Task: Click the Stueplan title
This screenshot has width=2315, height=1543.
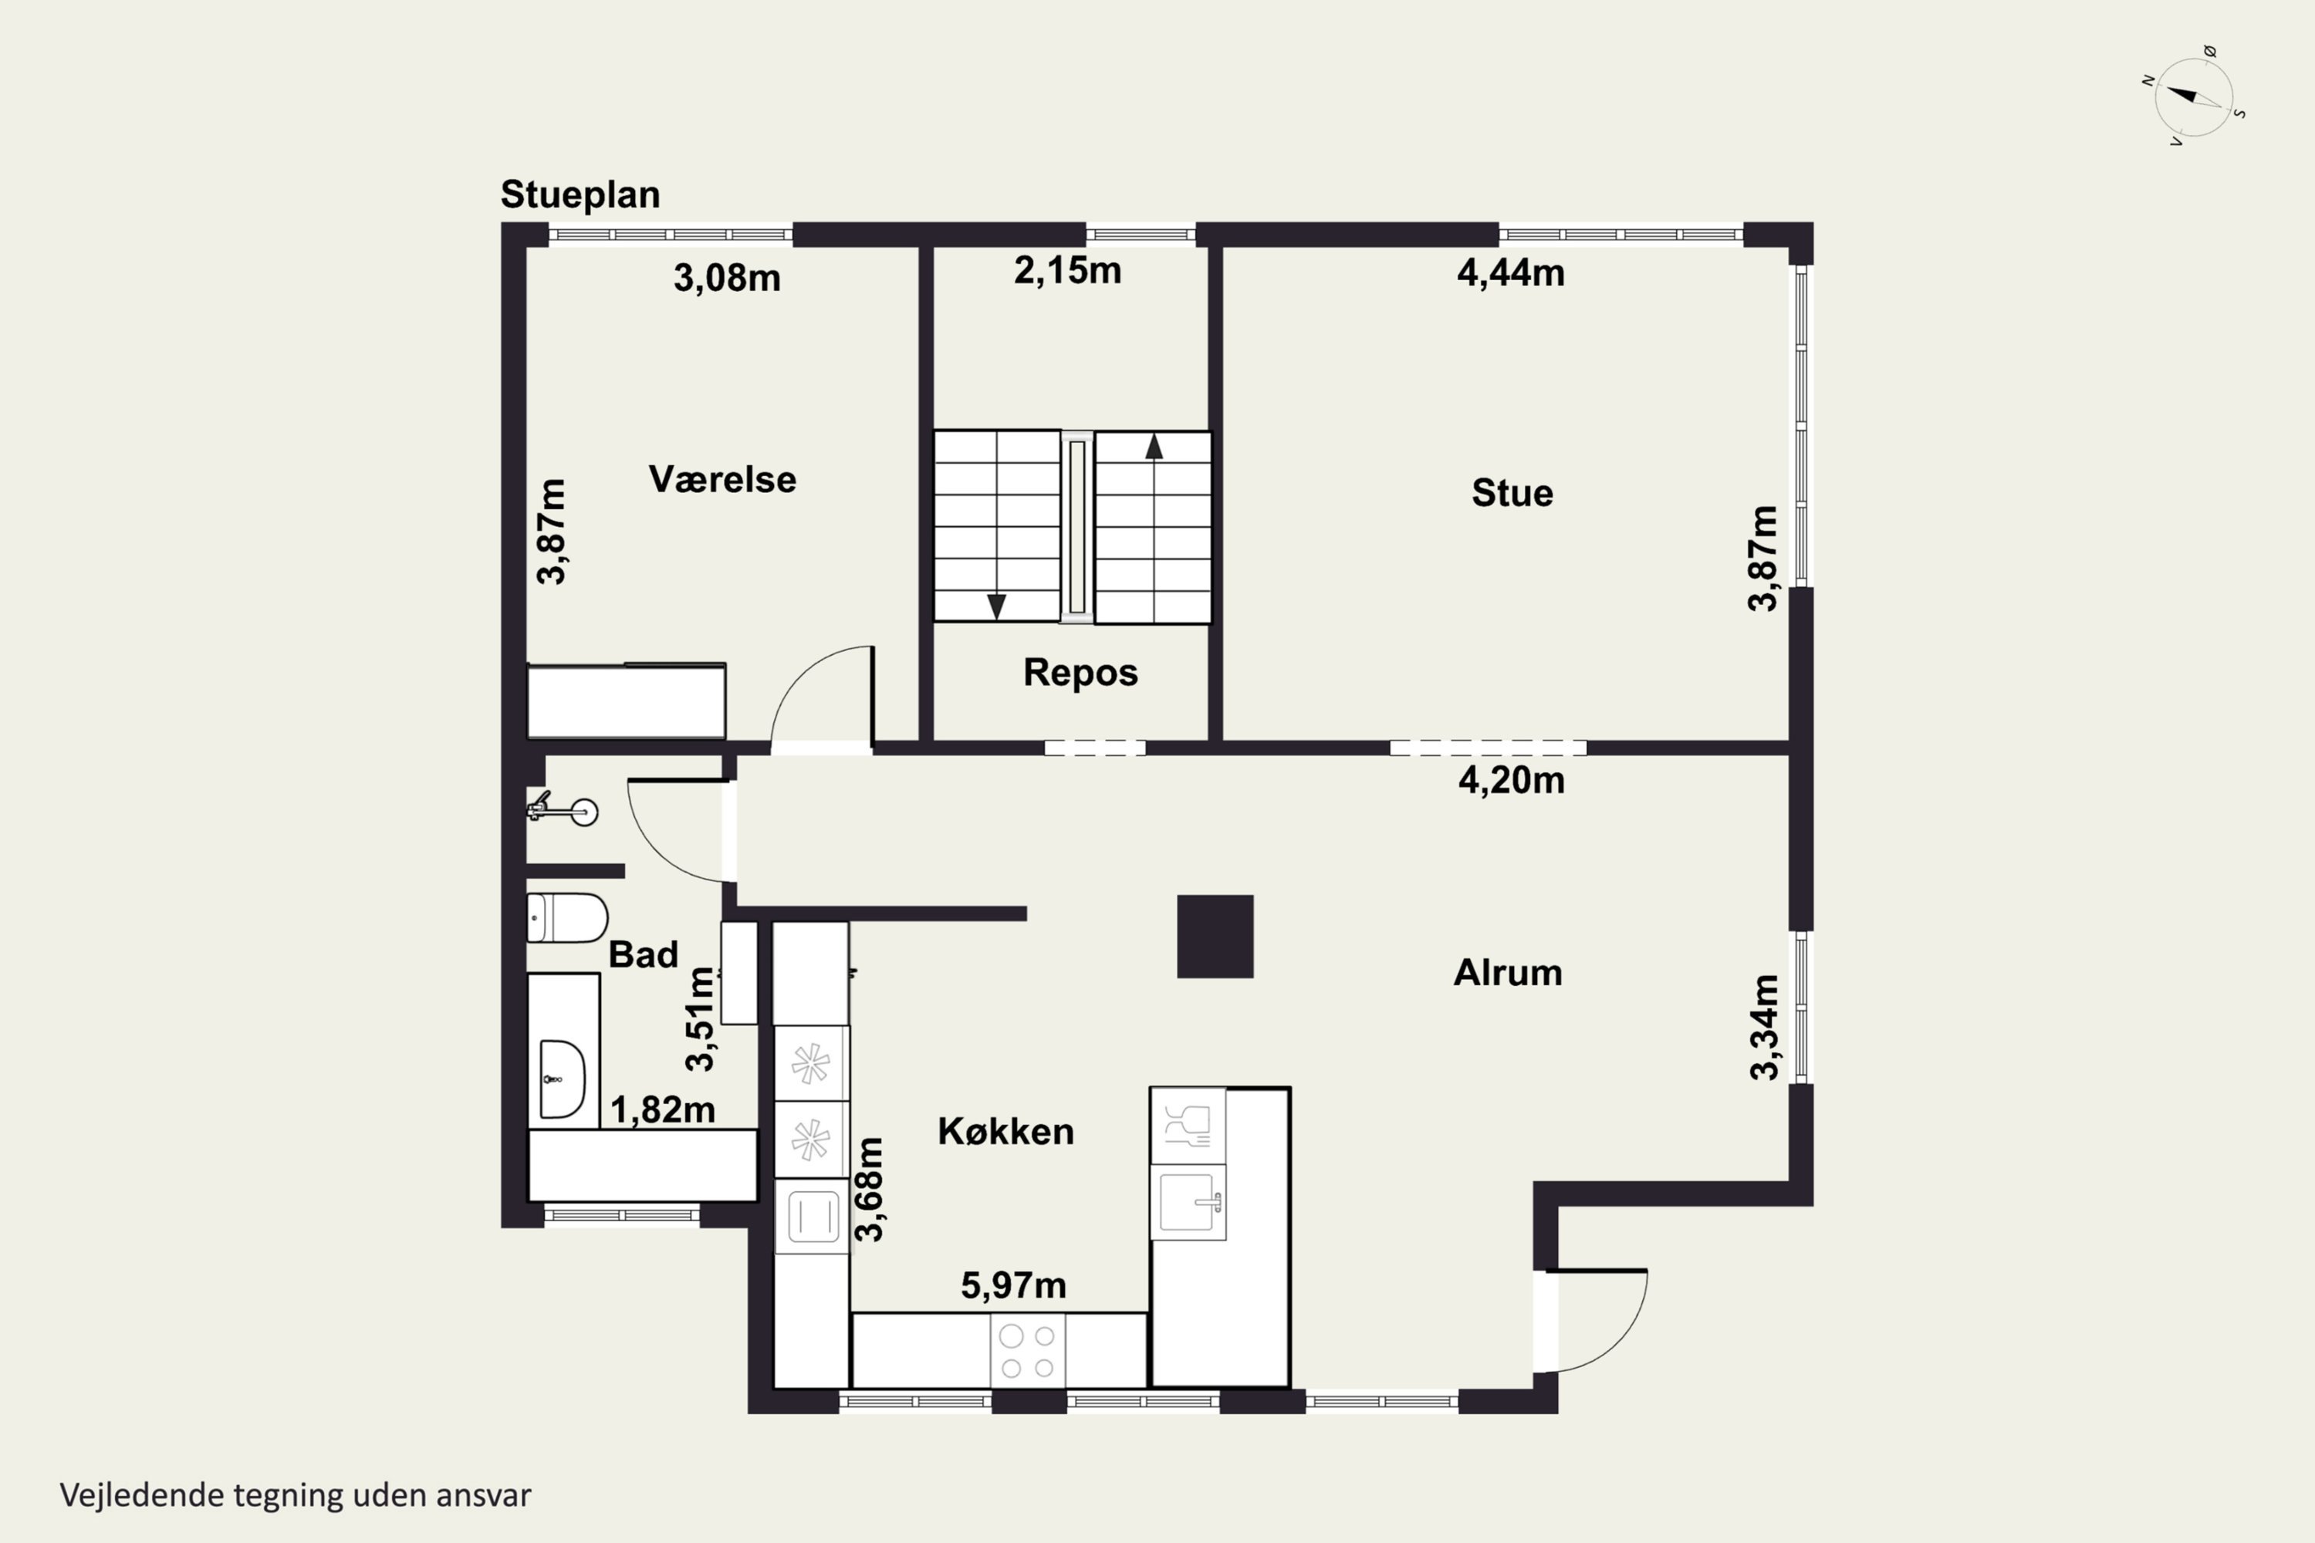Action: (580, 195)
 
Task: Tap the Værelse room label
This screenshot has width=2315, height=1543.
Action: (722, 479)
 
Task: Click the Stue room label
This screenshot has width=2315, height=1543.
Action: (1512, 493)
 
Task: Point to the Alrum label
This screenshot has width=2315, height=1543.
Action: (1508, 972)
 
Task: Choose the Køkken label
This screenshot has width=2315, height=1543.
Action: (1005, 1132)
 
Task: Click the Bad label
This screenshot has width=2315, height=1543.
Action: (643, 954)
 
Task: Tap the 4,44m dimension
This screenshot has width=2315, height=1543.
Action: (1511, 272)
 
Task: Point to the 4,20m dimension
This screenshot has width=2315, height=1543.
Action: (1511, 780)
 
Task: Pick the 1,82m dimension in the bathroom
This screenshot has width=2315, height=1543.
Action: (662, 1110)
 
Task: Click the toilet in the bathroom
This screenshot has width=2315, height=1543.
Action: (567, 918)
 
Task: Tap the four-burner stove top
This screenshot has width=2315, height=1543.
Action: (1028, 1351)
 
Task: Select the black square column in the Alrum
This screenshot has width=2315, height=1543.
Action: (1215, 937)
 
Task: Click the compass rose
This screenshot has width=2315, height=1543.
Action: (2193, 96)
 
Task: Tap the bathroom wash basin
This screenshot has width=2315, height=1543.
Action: (562, 1079)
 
